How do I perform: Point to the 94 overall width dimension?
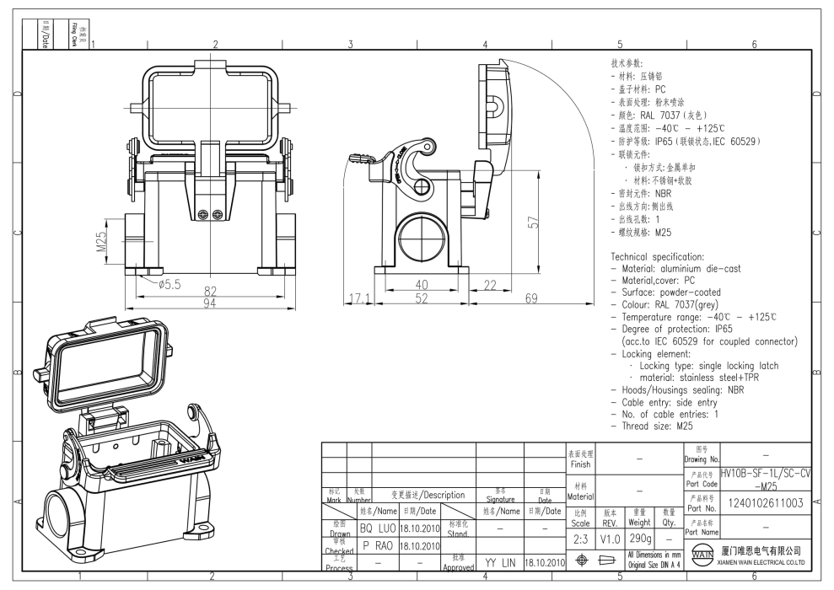tap(210, 303)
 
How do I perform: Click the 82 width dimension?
tap(210, 291)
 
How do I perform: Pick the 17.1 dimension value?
tap(360, 298)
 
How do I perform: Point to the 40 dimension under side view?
tap(421, 286)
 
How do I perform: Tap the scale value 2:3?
tap(580, 538)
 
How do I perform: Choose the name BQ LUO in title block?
tap(378, 528)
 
